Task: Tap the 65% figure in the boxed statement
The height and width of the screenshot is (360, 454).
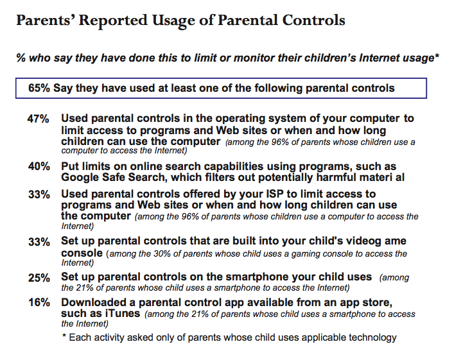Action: click(x=39, y=87)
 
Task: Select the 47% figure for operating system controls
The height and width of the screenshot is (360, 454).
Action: click(x=39, y=119)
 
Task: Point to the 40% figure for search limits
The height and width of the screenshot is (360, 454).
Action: click(x=39, y=166)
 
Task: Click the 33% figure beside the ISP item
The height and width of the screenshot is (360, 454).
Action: click(x=39, y=194)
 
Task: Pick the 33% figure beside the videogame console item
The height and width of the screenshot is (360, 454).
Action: click(x=39, y=242)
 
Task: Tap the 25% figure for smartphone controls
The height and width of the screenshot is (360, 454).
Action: click(x=39, y=278)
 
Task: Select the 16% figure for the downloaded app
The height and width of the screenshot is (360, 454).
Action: click(x=39, y=302)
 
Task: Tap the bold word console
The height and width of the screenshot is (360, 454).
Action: click(x=82, y=253)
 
